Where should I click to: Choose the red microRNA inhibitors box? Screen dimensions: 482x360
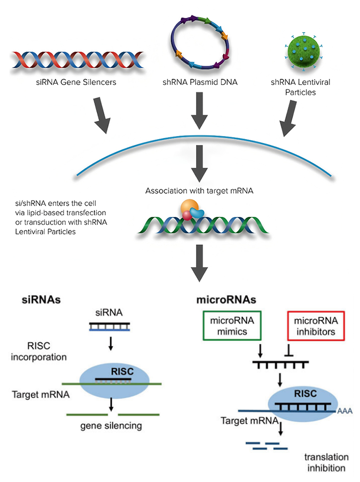click(311, 327)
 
